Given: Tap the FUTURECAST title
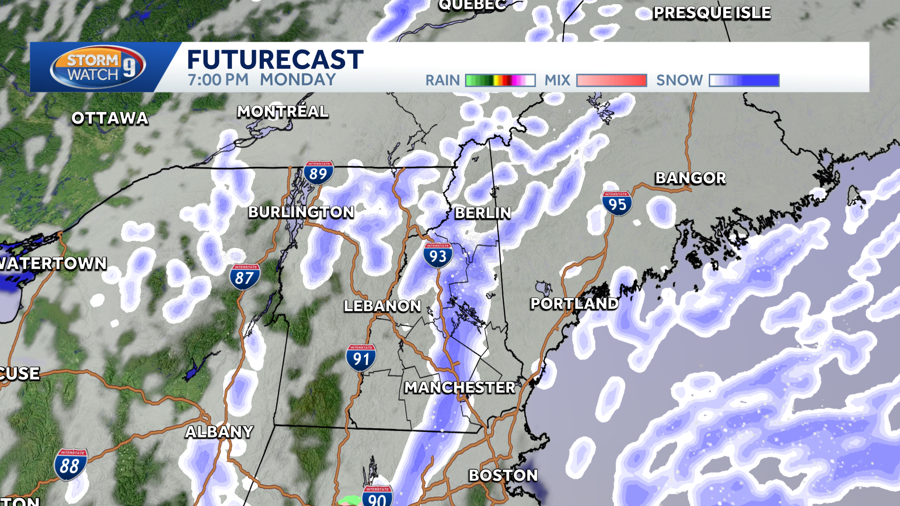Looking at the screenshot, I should [275, 60].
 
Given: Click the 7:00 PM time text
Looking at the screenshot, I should [218, 80].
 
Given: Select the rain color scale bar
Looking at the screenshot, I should [500, 80].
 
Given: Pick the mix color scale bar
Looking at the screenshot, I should [611, 80].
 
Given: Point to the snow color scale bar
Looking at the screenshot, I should [744, 80].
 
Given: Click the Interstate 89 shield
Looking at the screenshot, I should [318, 173].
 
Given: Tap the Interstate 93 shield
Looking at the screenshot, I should [438, 255].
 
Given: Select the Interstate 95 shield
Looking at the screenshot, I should [617, 203].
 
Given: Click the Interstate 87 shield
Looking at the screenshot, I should [245, 277].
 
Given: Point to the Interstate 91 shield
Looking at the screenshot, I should [361, 358].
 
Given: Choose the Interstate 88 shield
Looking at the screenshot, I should [70, 465].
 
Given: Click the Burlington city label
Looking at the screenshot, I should [301, 212].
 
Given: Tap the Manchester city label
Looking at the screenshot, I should [460, 387].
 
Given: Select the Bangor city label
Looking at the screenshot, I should [690, 178].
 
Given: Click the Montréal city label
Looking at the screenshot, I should [283, 112].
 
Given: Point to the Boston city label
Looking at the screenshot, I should [503, 475].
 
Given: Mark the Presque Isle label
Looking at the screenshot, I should [712, 13].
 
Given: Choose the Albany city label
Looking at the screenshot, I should [219, 432].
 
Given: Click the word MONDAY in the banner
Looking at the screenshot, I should [298, 80].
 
